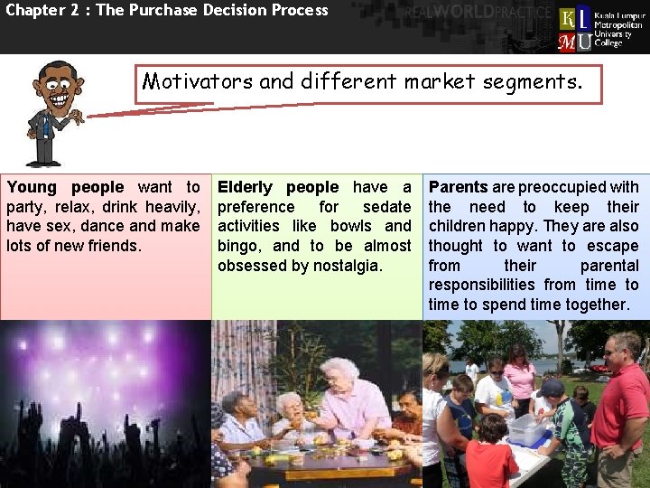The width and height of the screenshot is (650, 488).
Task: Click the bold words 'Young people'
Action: [x=65, y=187]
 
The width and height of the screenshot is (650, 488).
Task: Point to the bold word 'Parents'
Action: [x=458, y=187]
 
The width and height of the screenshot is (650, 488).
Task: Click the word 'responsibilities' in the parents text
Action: [x=489, y=286]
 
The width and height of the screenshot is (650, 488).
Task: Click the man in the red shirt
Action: [x=621, y=407]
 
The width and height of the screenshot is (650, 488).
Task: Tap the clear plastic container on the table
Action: [x=528, y=429]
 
